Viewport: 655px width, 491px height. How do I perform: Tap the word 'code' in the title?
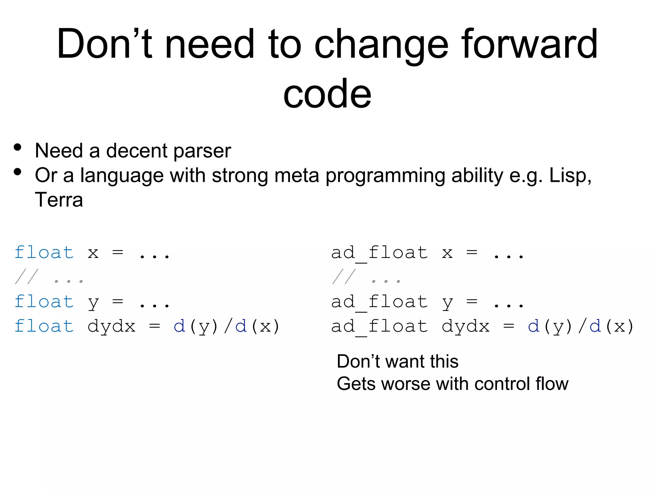pyautogui.click(x=327, y=94)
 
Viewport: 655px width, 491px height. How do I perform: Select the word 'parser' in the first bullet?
pyautogui.click(x=202, y=151)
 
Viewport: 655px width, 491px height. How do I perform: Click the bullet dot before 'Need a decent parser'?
pyautogui.click(x=18, y=147)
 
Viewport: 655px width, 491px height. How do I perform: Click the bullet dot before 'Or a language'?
pyautogui.click(x=18, y=172)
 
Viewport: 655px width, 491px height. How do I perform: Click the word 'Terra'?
pyautogui.click(x=59, y=200)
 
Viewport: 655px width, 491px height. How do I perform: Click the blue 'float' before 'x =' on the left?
pyautogui.click(x=44, y=253)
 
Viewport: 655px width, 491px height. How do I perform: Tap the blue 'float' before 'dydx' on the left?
pyautogui.click(x=44, y=326)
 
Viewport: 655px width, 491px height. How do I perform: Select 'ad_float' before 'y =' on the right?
pyautogui.click(x=379, y=302)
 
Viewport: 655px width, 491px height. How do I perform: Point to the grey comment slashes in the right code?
pyautogui.click(x=344, y=277)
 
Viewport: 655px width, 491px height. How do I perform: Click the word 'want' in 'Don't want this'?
pyautogui.click(x=404, y=362)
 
